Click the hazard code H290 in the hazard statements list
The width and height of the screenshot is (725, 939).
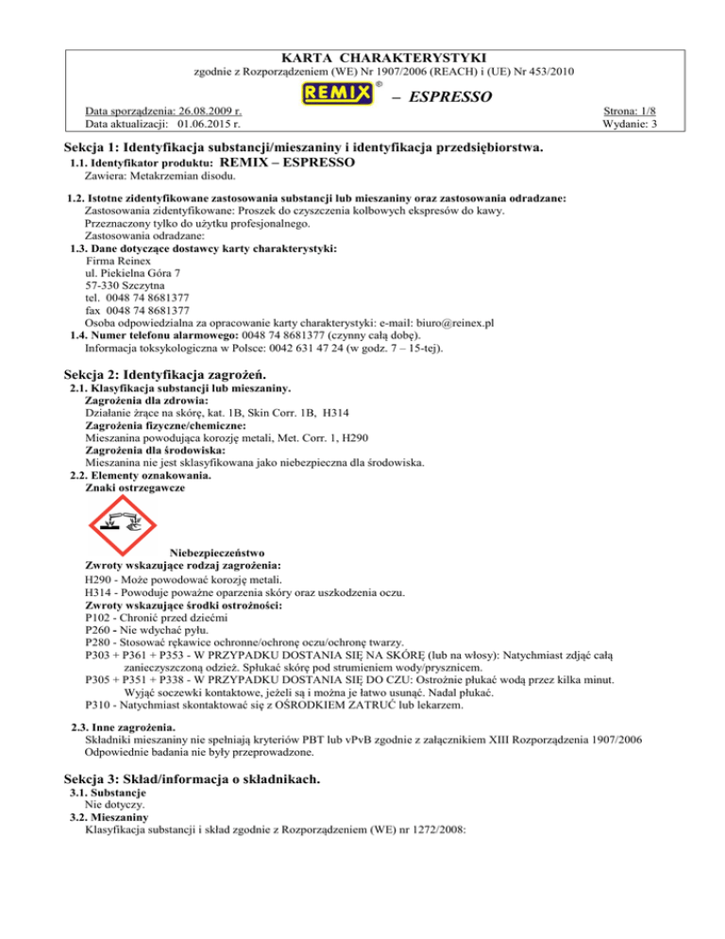coord(98,578)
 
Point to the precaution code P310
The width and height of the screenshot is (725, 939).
coord(98,705)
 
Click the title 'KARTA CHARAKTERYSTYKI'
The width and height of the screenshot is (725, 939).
coord(362,59)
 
